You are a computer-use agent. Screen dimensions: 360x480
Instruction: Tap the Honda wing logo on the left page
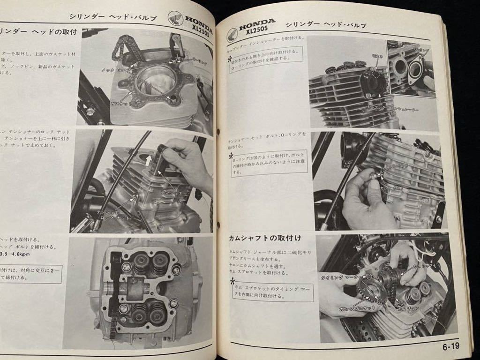coord(176,18)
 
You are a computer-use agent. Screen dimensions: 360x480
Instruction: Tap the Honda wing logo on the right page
coord(232,34)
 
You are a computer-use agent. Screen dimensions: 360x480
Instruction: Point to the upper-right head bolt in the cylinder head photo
coord(176,270)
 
